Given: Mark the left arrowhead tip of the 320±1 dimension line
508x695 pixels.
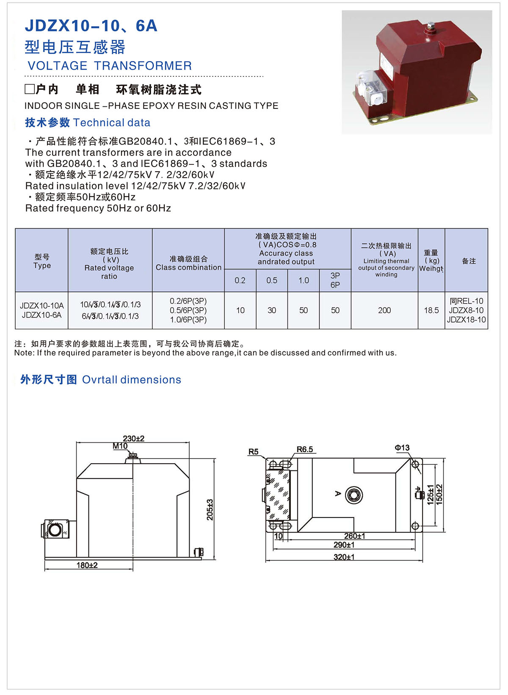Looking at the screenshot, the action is [x=266, y=561].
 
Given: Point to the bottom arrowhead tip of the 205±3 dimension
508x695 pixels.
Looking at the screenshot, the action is [x=214, y=559].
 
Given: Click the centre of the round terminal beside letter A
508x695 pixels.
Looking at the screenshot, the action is [x=354, y=495].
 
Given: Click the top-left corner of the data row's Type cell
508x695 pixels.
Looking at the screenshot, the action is [x=15, y=292].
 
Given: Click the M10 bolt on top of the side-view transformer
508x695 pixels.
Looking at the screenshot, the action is [x=133, y=456].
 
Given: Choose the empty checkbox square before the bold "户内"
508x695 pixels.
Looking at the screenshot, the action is [x=30, y=89].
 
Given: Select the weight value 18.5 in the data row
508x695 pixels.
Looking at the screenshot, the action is [x=431, y=310].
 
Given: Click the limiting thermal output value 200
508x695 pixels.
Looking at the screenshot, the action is [x=384, y=310].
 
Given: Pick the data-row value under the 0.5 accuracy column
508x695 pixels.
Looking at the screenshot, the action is [x=272, y=310].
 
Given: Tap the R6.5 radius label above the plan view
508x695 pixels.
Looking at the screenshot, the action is [x=305, y=449].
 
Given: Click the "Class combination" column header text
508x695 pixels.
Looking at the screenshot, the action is [x=188, y=267].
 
